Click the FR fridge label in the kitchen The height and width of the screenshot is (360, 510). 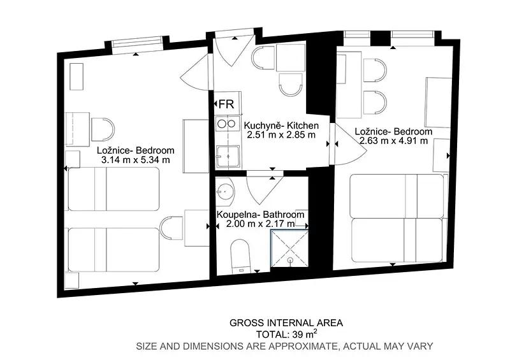[x=226, y=104]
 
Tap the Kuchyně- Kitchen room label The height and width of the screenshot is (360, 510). [x=281, y=125]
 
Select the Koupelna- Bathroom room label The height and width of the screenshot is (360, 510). [x=261, y=215]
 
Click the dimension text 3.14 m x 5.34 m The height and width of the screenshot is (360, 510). [x=136, y=160]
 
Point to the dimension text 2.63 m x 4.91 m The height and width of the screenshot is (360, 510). [x=393, y=140]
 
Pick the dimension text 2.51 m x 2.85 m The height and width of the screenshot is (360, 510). [x=281, y=134]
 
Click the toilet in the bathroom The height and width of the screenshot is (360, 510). [x=240, y=256]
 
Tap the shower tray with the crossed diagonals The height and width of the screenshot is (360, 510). [x=290, y=248]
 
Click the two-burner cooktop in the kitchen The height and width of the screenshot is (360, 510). [x=226, y=124]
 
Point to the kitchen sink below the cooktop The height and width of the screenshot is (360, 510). [x=228, y=157]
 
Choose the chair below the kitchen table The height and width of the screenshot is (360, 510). [x=291, y=85]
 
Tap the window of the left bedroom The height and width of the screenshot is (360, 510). [x=137, y=45]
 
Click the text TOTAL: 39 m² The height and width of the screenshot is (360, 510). [x=286, y=334]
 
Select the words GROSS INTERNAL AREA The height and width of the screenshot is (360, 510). [x=286, y=323]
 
